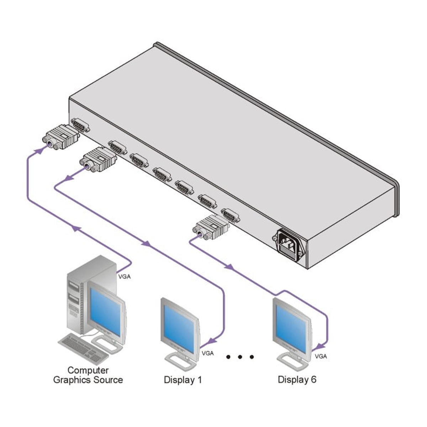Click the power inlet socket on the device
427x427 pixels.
(289, 242)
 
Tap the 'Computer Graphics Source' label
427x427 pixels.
(88, 375)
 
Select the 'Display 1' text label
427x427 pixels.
(183, 380)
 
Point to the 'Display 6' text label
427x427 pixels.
(297, 379)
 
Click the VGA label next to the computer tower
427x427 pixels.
(124, 276)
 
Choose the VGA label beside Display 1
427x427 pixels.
(207, 353)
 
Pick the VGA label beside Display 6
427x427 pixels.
(321, 356)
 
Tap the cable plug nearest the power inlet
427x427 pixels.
(210, 228)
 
